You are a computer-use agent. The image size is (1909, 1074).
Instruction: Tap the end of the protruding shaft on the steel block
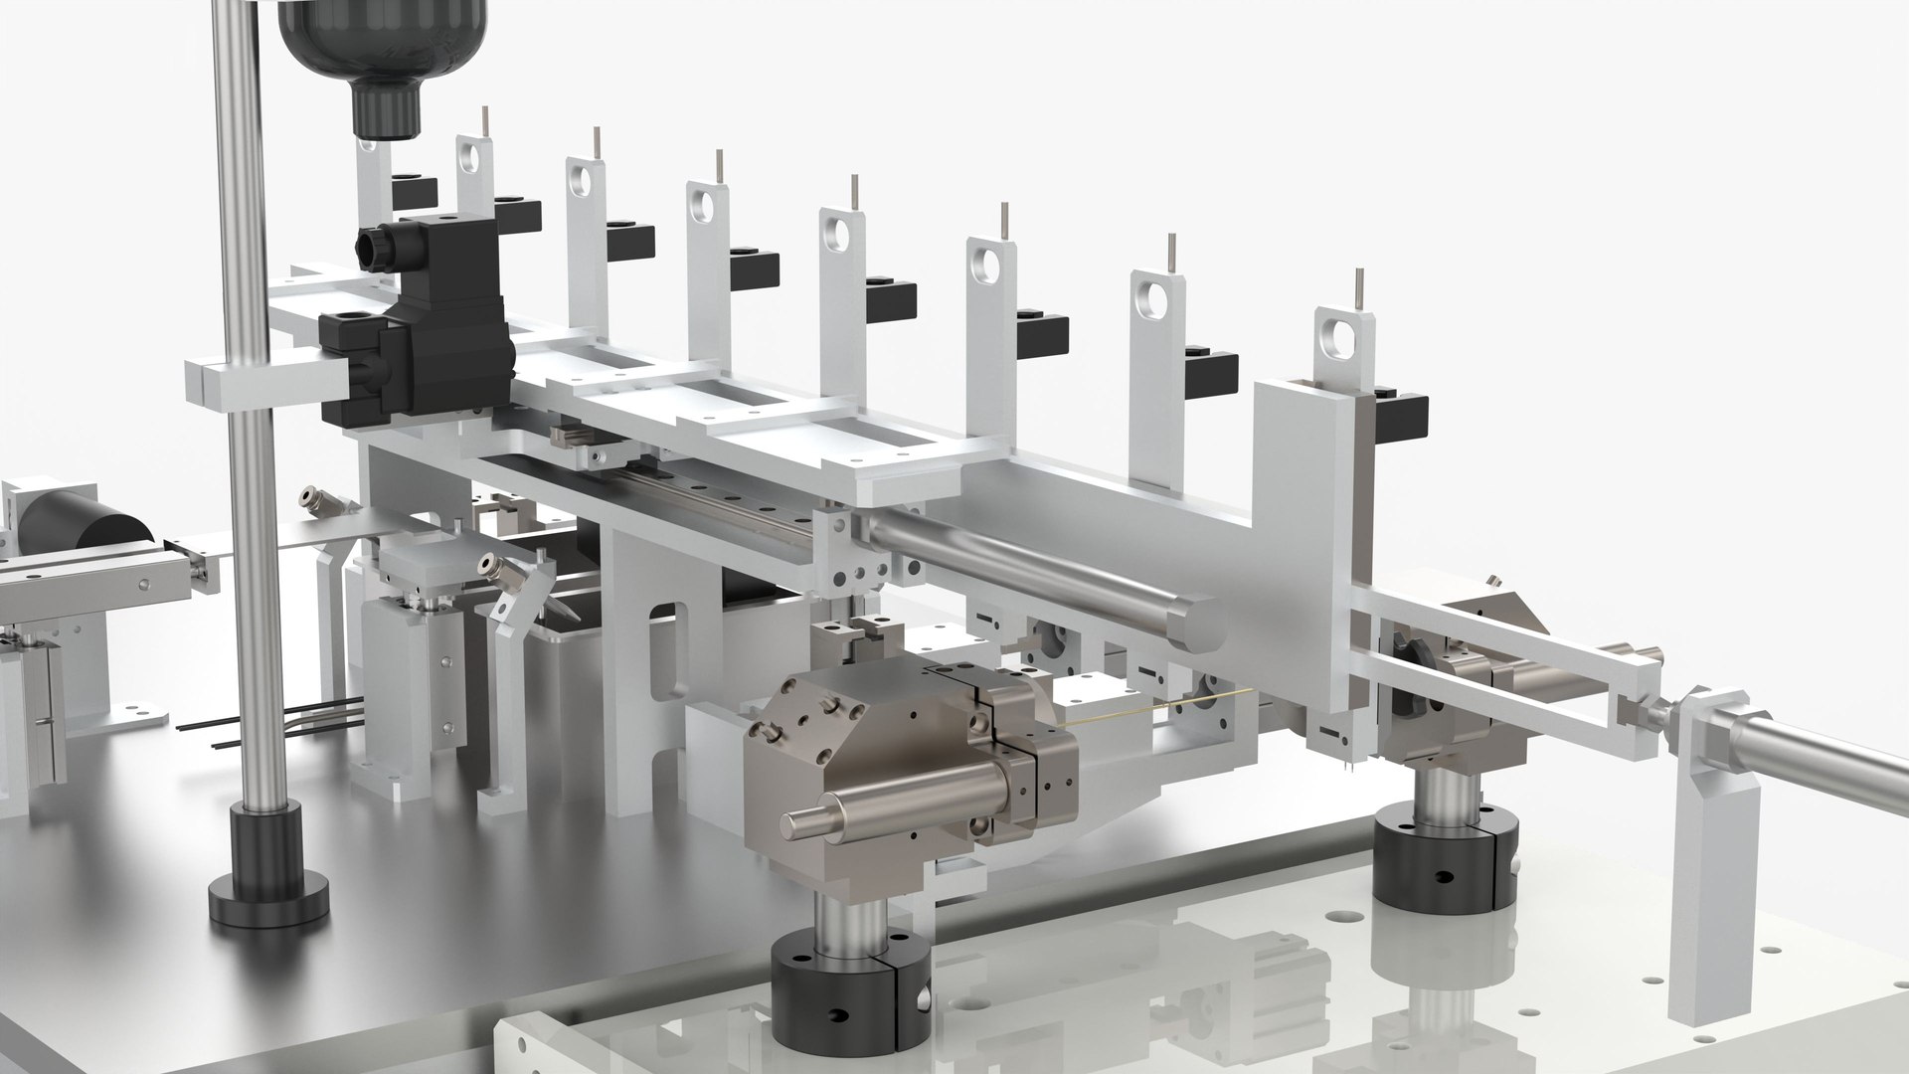point(791,822)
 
